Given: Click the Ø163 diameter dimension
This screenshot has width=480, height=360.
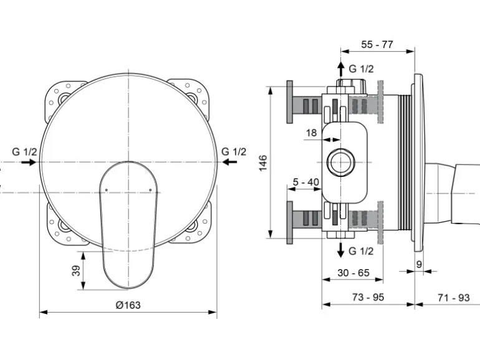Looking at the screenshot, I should pyautogui.click(x=128, y=305).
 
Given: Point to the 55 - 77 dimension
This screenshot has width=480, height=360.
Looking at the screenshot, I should pyautogui.click(x=378, y=44).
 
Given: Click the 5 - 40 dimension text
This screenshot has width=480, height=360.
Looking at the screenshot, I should pyautogui.click(x=306, y=182).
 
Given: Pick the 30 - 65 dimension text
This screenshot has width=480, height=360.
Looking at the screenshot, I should pyautogui.click(x=353, y=273).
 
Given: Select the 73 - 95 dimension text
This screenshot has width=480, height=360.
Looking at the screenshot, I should pyautogui.click(x=368, y=298).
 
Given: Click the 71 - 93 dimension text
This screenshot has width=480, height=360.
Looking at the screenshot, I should pyautogui.click(x=453, y=298).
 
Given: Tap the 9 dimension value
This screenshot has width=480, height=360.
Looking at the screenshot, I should pyautogui.click(x=419, y=264).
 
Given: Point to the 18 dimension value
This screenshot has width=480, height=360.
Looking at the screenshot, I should pyautogui.click(x=312, y=133).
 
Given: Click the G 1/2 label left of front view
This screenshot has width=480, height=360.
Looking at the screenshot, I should pyautogui.click(x=25, y=151).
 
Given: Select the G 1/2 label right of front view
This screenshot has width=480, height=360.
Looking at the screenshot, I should pyautogui.click(x=234, y=151).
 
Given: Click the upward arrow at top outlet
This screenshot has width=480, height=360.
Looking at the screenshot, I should pyautogui.click(x=340, y=68).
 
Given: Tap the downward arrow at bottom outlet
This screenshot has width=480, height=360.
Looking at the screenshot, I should pyautogui.click(x=340, y=250).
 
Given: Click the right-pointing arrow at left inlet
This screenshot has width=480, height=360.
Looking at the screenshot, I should pyautogui.click(x=28, y=162).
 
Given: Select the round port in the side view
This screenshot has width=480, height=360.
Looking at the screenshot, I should pyautogui.click(x=340, y=163).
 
